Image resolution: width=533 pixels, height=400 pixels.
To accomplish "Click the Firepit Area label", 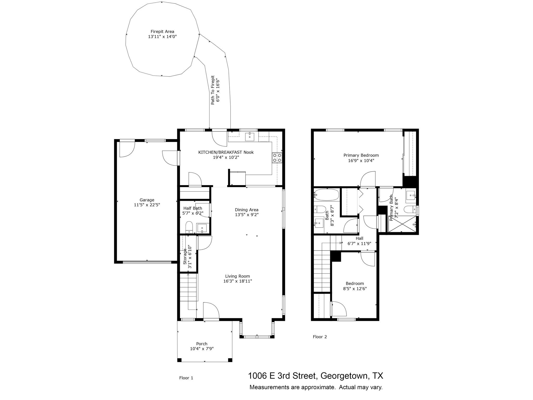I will pyautogui.click(x=162, y=32).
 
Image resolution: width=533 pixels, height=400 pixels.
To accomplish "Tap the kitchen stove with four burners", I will pyautogui.click(x=277, y=158).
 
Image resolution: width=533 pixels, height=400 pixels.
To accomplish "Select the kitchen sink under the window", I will pyautogui.click(x=250, y=136).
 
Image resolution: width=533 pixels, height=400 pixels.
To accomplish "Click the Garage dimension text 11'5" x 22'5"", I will pyautogui.click(x=147, y=205).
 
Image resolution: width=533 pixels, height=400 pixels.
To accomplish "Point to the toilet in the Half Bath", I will pyautogui.click(x=189, y=227).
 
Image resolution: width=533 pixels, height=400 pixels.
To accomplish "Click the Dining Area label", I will pyautogui.click(x=246, y=210).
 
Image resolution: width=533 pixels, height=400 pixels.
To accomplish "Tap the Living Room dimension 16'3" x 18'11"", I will pyautogui.click(x=237, y=281).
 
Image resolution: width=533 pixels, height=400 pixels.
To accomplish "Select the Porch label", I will pyautogui.click(x=202, y=344).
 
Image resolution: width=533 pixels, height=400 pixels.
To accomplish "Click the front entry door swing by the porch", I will pyautogui.click(x=211, y=310).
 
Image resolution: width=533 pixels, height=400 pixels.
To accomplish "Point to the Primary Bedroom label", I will pyautogui.click(x=361, y=155).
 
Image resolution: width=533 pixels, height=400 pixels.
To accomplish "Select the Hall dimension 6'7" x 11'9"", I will pyautogui.click(x=359, y=243).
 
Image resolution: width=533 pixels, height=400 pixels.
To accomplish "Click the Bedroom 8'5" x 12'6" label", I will pyautogui.click(x=355, y=284).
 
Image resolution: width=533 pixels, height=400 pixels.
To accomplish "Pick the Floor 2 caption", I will pyautogui.click(x=320, y=337).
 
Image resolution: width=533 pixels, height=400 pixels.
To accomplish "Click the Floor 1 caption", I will pyautogui.click(x=186, y=378).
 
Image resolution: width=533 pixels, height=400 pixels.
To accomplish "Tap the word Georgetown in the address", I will pyautogui.click(x=344, y=376).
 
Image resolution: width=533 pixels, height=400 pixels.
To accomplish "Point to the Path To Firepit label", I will pyautogui.click(x=213, y=90).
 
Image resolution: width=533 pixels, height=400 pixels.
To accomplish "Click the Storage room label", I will pyautogui.click(x=185, y=257).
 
